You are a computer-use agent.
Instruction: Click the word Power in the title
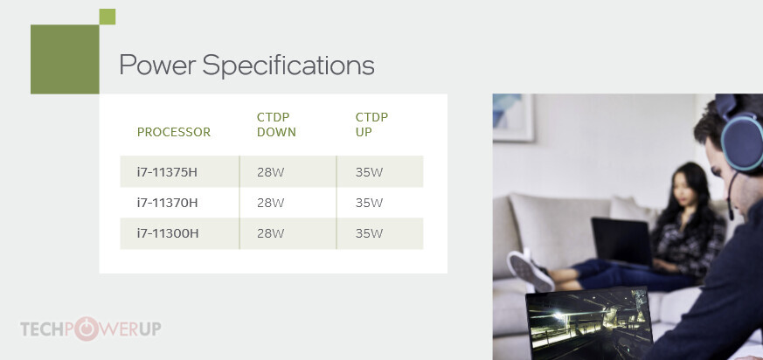157,66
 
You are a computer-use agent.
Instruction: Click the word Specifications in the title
288,66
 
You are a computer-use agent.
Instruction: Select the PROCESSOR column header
174,132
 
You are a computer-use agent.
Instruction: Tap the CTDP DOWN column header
276,125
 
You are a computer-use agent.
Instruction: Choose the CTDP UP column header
371,125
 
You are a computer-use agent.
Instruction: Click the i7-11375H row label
167,172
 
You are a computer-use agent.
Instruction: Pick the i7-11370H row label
167,203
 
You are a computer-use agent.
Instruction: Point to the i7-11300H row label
168,233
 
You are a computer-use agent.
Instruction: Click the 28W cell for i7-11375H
271,172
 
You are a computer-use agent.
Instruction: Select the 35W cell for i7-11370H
370,203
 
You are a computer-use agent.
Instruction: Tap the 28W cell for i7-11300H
271,233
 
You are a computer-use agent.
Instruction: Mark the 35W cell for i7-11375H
370,172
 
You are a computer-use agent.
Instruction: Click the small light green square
107,17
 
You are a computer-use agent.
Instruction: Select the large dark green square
65,59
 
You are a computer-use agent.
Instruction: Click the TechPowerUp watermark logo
91,329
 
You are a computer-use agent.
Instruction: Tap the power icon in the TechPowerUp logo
87,329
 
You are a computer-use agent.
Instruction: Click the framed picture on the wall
513,117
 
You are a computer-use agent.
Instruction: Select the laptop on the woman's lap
623,242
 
